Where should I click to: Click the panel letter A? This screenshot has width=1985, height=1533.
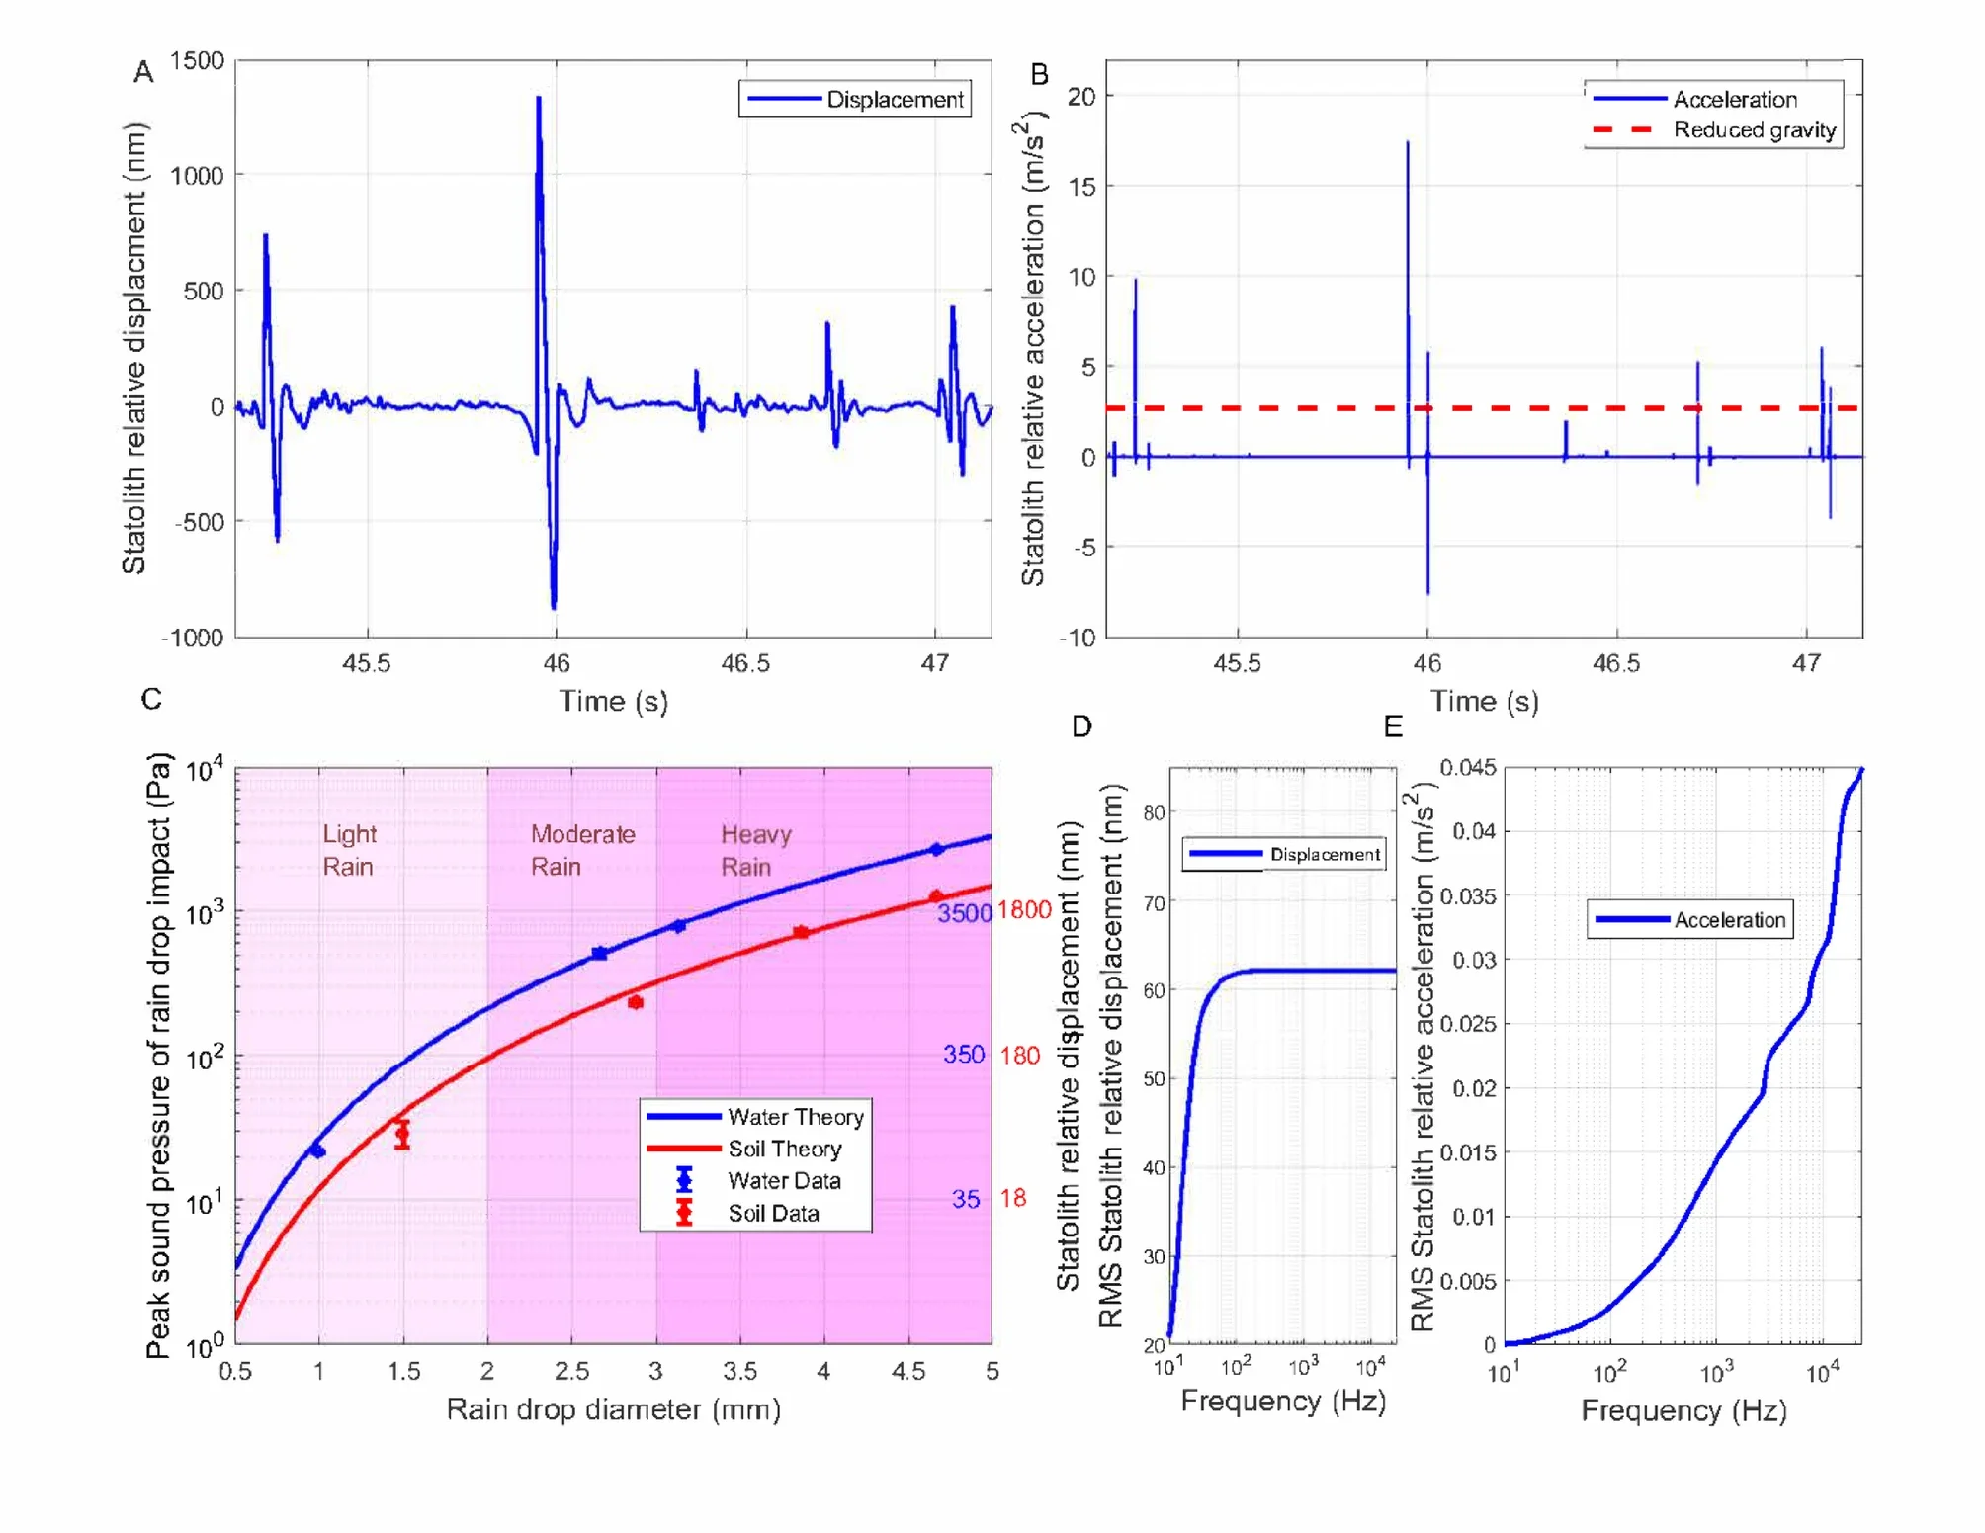(143, 72)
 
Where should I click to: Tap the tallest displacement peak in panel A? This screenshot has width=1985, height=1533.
(539, 99)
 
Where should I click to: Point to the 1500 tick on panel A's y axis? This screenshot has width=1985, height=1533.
(197, 61)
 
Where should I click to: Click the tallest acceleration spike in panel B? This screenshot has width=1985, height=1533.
(1408, 144)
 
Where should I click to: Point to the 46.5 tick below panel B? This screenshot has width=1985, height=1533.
(1615, 663)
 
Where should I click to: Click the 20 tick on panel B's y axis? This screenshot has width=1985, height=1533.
(1081, 97)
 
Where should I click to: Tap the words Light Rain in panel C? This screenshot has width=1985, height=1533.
(349, 850)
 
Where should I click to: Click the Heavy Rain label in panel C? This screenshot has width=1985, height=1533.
(755, 850)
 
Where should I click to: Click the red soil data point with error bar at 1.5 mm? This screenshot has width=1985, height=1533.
(401, 1134)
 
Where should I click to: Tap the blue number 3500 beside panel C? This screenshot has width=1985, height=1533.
(964, 912)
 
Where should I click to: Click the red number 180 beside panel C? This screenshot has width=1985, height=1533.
(1019, 1055)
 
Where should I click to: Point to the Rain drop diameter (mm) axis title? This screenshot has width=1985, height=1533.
(613, 1408)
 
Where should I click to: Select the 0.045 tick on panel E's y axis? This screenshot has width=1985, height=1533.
(1467, 768)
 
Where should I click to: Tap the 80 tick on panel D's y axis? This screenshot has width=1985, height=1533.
(1154, 812)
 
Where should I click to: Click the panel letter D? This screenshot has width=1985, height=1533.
(1081, 726)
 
